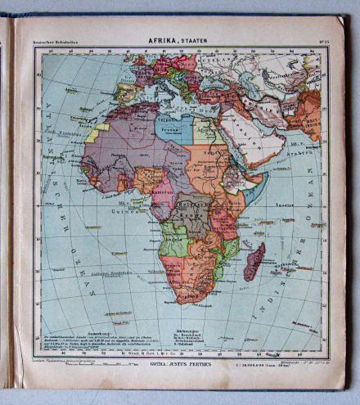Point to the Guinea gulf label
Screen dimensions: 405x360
[x=124, y=210]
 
